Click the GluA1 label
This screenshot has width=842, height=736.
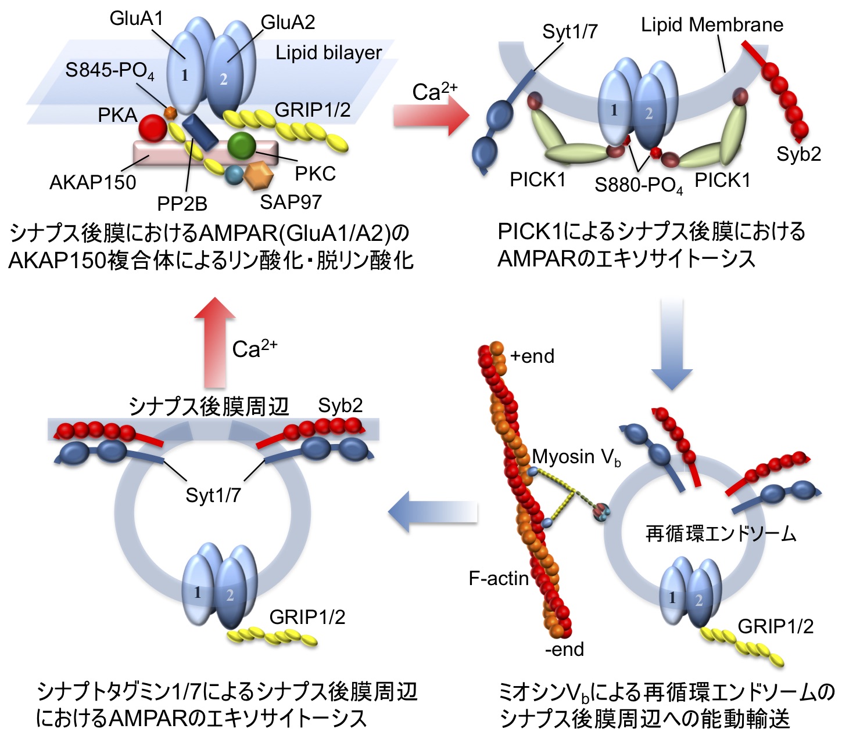pos(136,19)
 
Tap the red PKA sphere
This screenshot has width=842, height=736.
pos(153,128)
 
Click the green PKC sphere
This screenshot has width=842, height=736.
pos(241,145)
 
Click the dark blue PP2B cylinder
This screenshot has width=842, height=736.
pos(200,132)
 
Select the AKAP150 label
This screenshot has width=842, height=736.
pos(93,183)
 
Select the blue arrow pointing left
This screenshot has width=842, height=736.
pos(432,512)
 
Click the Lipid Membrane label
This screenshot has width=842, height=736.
pos(712,25)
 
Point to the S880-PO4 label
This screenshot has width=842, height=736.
pos(638,185)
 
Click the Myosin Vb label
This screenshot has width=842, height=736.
pos(576,457)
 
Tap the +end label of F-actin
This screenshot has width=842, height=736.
pos(532,356)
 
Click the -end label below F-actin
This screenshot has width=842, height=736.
pos(564,650)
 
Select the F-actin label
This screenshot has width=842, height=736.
pos(499,578)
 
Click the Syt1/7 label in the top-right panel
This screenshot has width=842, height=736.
pos(569,31)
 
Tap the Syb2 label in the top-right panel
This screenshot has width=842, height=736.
pos(798,154)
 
